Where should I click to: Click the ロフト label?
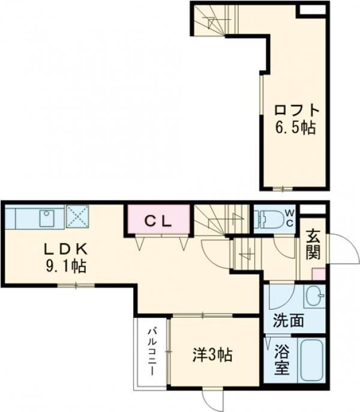pyautogui.click(x=295, y=111)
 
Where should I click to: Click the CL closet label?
pyautogui.click(x=158, y=220)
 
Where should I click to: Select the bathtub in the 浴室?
pyautogui.click(x=310, y=361)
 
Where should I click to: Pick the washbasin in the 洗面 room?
pyautogui.click(x=313, y=295)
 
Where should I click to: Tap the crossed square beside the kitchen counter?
pyautogui.click(x=77, y=216)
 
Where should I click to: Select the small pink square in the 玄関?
pyautogui.click(x=319, y=274)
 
